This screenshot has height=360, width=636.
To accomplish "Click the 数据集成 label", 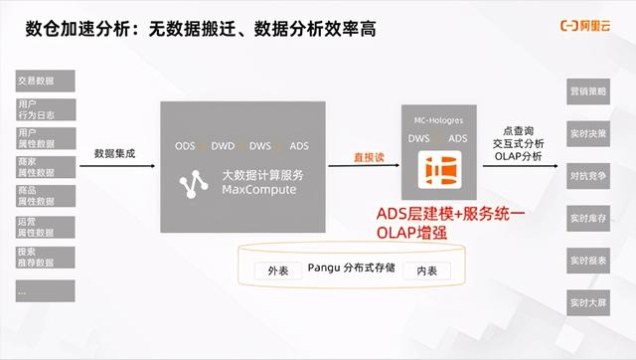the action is [x=114, y=154].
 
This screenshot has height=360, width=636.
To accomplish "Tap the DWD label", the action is [x=223, y=146].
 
